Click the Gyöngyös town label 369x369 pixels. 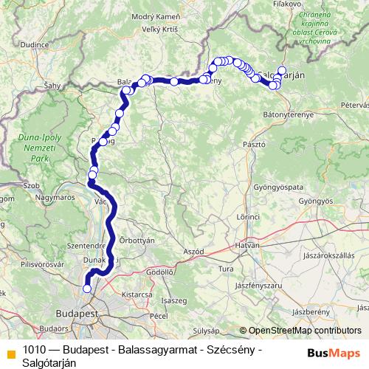pos(316,201)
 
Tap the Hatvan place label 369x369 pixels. pos(247,244)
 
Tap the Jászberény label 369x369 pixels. pos(311,311)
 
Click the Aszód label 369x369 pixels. pos(193,252)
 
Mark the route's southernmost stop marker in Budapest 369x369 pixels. pos(87,289)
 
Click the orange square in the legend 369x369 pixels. pos(10,351)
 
